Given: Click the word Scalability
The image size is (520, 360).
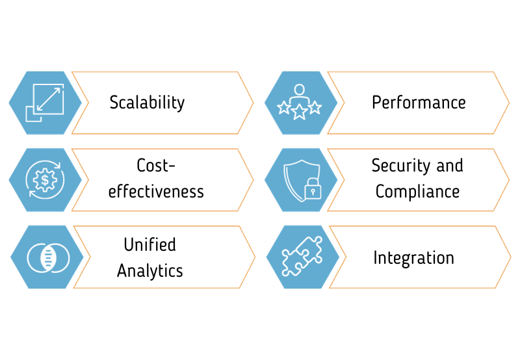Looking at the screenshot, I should click(147, 103).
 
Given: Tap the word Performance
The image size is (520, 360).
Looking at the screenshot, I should click(419, 103).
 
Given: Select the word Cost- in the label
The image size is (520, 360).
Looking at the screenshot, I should click(156, 166).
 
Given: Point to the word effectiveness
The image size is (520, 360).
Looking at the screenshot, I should click(156, 192).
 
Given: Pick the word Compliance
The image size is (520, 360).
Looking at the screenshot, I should click(417, 192).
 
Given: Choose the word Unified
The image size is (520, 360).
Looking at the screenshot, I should click(150, 244).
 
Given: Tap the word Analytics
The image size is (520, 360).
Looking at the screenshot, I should click(150, 270).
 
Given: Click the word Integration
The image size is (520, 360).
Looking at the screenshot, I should click(413, 258).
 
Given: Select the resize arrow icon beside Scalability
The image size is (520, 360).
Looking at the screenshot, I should click(44, 103).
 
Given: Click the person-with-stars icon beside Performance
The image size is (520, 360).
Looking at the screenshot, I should click(299, 102).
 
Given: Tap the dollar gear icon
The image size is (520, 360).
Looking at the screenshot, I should click(44, 179).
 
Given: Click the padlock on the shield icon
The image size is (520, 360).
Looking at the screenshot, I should click(313, 190).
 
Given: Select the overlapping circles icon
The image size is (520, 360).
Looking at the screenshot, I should click(46, 257).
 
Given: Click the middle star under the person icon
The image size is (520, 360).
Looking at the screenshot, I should click(299, 112).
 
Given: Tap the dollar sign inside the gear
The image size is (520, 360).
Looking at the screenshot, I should click(44, 179).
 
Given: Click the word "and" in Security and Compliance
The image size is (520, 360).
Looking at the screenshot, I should click(449, 166).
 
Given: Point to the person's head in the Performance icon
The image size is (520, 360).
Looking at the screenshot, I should click(299, 88).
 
